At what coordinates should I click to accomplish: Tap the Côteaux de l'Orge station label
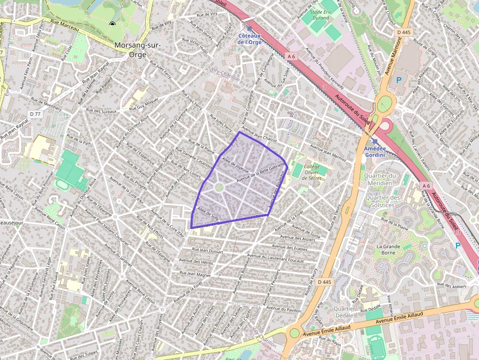point(249,39)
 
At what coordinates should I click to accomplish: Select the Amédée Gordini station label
point(374,151)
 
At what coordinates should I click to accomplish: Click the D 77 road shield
point(35,114)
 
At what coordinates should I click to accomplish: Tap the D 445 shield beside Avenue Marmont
point(404,32)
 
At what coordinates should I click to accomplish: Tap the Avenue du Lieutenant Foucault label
point(275,257)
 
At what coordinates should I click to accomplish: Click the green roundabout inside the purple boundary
point(219,187)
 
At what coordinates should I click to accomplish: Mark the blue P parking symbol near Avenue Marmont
point(398,80)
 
